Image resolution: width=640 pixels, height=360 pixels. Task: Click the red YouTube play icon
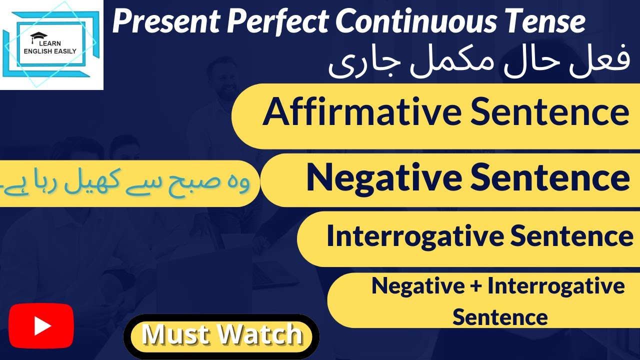(x=41, y=325)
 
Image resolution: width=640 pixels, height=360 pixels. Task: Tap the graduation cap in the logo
(x=37, y=36)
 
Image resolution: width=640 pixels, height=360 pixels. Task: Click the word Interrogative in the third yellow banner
(x=412, y=236)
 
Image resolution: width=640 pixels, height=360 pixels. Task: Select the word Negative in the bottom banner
(x=411, y=286)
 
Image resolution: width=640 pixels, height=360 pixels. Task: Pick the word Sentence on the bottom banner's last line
(x=500, y=317)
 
